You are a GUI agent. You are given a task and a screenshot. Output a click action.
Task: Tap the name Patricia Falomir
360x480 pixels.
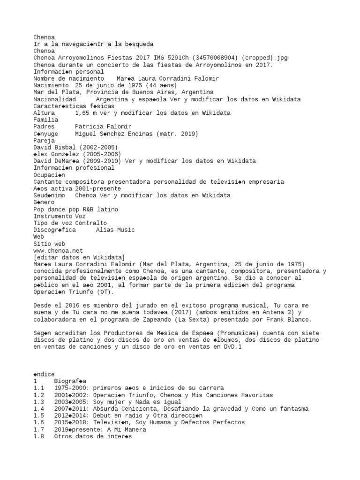(x=103, y=127)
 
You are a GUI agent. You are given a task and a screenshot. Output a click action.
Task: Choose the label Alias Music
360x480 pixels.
(x=115, y=230)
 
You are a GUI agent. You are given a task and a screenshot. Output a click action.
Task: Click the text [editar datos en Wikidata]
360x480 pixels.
(x=79, y=257)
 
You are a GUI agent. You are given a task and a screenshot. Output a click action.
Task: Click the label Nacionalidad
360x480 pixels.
(x=54, y=99)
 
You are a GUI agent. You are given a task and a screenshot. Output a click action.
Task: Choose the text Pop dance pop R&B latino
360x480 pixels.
(x=75, y=209)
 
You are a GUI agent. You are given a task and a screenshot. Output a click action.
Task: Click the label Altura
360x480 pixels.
(x=44, y=113)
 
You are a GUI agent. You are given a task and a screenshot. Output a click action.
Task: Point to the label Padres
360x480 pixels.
(x=44, y=127)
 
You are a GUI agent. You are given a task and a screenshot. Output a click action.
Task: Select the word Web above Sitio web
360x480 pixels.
(x=39, y=237)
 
